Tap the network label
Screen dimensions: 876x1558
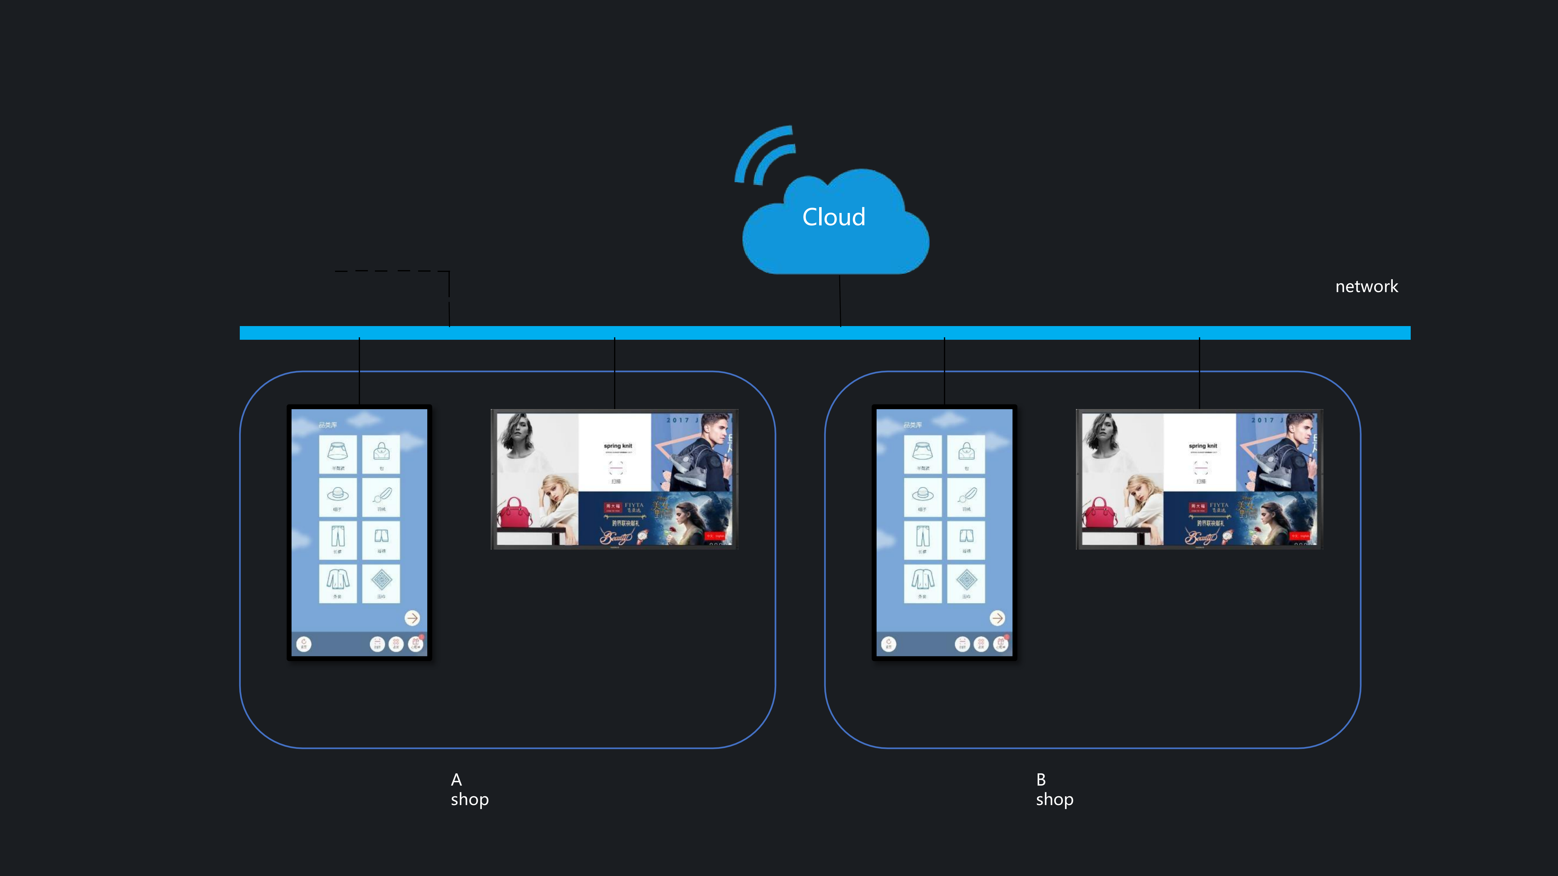pos(1366,287)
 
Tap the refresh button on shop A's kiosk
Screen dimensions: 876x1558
pos(304,644)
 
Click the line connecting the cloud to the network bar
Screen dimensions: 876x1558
pos(840,301)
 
